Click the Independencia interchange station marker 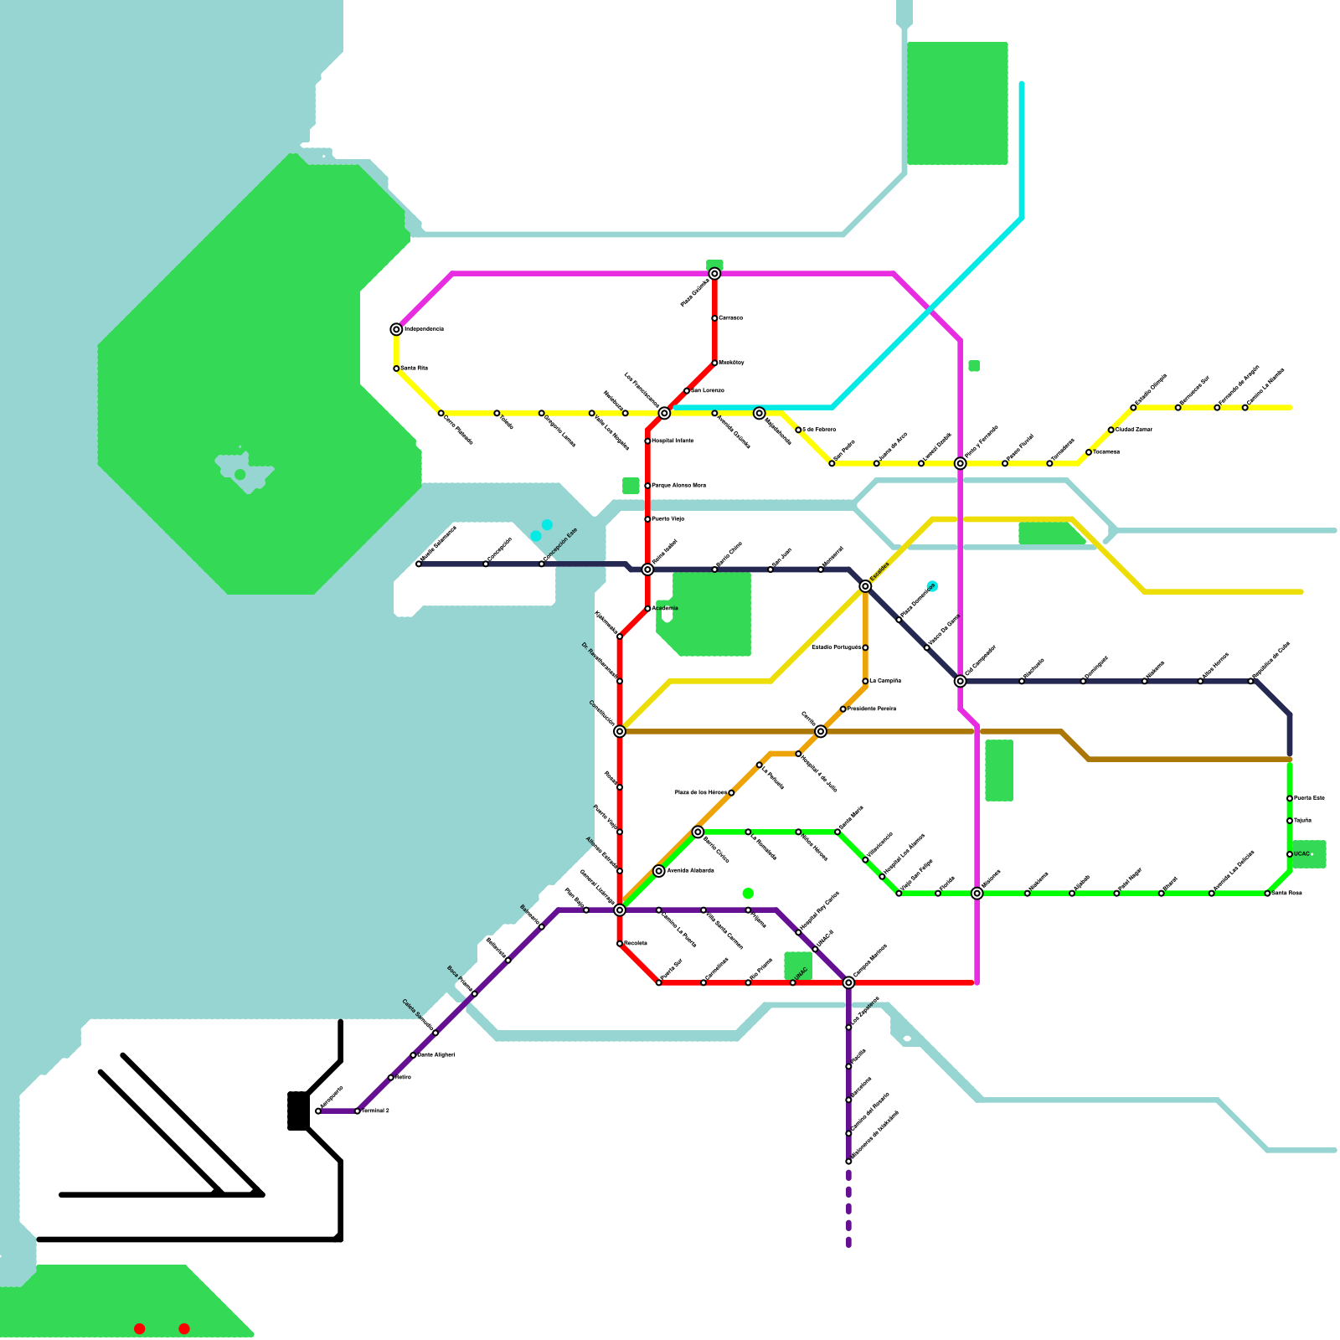pyautogui.click(x=396, y=329)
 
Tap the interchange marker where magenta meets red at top pyautogui.click(x=714, y=274)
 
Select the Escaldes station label pyautogui.click(x=879, y=571)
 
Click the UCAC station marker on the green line pyautogui.click(x=1290, y=854)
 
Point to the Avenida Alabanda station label pyautogui.click(x=690, y=871)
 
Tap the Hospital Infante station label pyautogui.click(x=673, y=441)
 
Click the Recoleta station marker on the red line pyautogui.click(x=620, y=944)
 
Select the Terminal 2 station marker pyautogui.click(x=358, y=1111)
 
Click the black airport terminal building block pyautogui.click(x=297, y=1111)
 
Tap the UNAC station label pyautogui.click(x=801, y=972)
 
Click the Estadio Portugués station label pyautogui.click(x=836, y=647)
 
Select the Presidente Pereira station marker pyautogui.click(x=843, y=709)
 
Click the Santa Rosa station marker pyautogui.click(x=1267, y=894)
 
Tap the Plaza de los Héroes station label pyautogui.click(x=701, y=792)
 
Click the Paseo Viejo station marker pyautogui.click(x=647, y=519)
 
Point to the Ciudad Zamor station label pyautogui.click(x=1134, y=430)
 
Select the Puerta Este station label pyautogui.click(x=1309, y=798)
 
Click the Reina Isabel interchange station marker pyautogui.click(x=647, y=569)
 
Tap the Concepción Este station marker pyautogui.click(x=541, y=564)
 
